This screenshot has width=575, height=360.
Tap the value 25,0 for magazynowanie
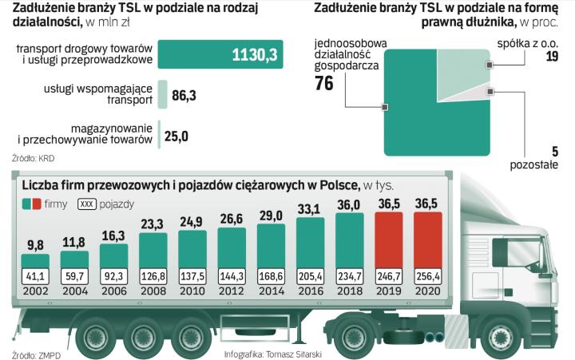(x=176, y=136)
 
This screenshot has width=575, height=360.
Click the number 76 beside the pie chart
(x=324, y=84)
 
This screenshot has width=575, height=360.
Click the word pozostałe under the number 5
(x=533, y=164)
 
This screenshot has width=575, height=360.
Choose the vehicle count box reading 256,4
(x=432, y=277)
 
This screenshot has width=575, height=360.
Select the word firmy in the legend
(x=56, y=204)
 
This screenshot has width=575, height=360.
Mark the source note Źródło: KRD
(x=33, y=157)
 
